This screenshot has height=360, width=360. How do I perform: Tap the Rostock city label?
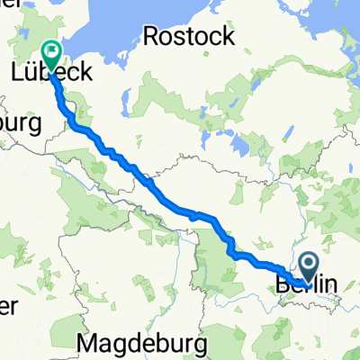point(189,38)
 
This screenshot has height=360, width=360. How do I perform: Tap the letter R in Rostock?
point(151,38)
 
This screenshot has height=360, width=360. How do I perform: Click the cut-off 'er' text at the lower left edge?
point(7,306)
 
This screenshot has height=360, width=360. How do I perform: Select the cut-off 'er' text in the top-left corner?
point(7,4)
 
